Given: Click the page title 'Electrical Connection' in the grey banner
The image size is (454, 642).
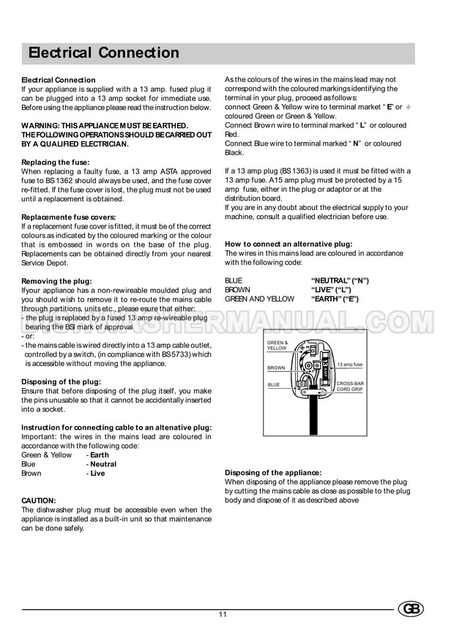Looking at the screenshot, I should [103, 53].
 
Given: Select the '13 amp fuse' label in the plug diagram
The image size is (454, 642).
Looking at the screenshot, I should [350, 364].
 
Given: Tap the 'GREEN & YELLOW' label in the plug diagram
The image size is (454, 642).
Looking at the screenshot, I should [278, 346].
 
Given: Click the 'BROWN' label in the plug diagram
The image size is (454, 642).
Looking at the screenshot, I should [276, 367].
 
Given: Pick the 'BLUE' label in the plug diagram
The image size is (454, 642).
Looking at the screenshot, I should [274, 384].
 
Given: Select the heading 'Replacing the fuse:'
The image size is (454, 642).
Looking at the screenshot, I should [56, 161].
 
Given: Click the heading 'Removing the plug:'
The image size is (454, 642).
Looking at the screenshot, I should [56, 281].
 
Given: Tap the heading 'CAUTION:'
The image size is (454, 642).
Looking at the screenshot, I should [39, 501].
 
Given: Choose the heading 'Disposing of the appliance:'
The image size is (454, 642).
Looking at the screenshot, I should [273, 473].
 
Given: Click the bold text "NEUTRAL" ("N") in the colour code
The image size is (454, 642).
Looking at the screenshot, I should [340, 280].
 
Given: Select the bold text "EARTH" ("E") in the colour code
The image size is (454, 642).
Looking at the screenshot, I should [335, 299].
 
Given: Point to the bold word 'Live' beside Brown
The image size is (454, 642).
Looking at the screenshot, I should [97, 474].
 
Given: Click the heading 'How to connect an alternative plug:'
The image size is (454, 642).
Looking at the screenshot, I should [289, 243].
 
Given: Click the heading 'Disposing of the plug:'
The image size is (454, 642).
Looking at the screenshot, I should [62, 381].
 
